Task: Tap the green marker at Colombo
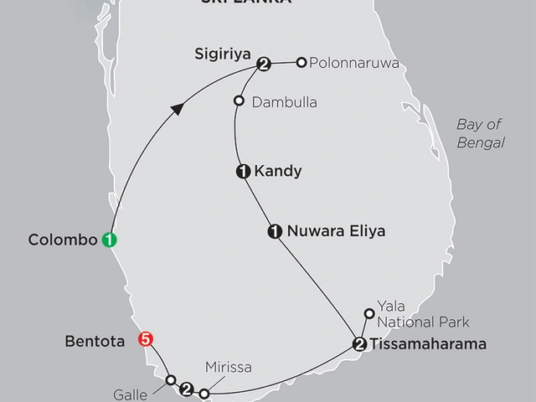point(110,240)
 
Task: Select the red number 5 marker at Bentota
point(147,340)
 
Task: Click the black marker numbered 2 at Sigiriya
point(265,64)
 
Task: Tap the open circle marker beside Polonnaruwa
point(300,62)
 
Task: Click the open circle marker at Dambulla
point(239,101)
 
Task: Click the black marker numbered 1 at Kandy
point(243,172)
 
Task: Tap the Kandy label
point(281,172)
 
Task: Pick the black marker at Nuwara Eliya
point(274,231)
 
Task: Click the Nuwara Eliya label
point(336,231)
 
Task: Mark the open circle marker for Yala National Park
point(369,314)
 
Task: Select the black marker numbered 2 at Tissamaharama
point(359,343)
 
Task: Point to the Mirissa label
point(229,366)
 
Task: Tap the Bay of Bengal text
point(480,133)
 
